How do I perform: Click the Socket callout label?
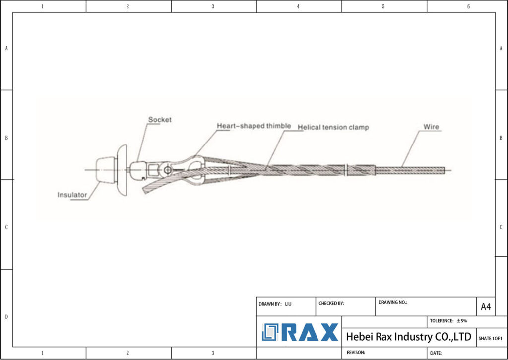coord(159,120)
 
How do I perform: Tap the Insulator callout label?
coord(72,195)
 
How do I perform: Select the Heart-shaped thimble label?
coord(254,126)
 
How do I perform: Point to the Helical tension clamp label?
coord(333,128)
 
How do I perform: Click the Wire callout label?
coord(431,127)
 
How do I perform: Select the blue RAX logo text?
coord(310,332)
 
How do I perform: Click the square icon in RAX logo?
coord(271,332)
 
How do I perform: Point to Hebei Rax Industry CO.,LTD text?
coord(408,337)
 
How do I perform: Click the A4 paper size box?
coord(485,307)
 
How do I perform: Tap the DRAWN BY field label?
coord(270,303)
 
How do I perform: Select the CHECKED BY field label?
coord(331,303)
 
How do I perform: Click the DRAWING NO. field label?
coord(392,302)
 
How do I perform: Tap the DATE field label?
coord(436,353)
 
